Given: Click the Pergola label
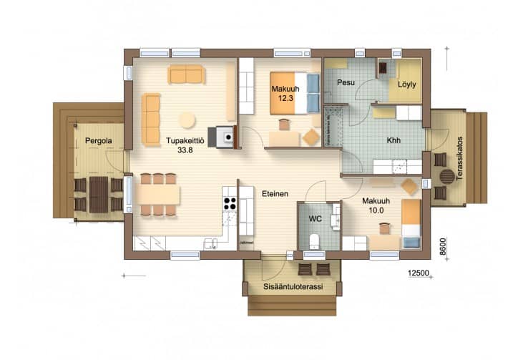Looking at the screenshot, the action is click(99, 140).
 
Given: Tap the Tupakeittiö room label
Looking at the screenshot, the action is click(185, 140).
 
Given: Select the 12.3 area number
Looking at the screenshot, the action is click(285, 98).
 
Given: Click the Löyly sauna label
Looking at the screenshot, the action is click(406, 84).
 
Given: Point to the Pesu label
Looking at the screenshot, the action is click(346, 82).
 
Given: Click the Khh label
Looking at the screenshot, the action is click(394, 140).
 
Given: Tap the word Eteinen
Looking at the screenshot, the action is click(275, 194).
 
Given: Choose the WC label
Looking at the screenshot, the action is click(315, 219).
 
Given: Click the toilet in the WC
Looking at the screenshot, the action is click(314, 241).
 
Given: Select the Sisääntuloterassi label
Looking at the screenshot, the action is click(293, 286).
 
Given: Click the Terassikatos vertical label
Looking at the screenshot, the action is click(459, 158).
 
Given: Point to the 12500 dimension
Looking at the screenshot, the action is click(419, 273).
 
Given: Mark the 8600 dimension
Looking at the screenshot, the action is click(443, 247).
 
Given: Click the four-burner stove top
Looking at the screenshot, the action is click(230, 203).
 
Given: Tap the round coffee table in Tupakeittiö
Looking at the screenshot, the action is click(187, 120).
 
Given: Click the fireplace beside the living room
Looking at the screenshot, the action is click(225, 137).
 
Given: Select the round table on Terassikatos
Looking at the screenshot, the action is click(446, 176).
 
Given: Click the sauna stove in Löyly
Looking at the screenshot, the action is click(383, 68).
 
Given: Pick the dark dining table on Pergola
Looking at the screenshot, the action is click(99, 195).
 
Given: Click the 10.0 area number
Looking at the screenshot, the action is click(376, 210).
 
